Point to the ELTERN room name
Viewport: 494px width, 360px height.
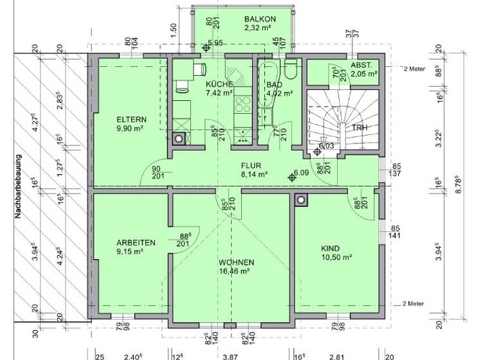coord(131,120)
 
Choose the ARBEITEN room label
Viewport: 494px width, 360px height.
coord(136,243)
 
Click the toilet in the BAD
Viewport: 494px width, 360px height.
coord(290,69)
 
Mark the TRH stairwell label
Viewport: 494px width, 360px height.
coord(360,128)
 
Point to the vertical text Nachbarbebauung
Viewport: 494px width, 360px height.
coord(19,186)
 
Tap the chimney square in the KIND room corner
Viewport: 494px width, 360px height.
coord(300,200)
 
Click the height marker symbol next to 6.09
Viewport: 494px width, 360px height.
coord(291,177)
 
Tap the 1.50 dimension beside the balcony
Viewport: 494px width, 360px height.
coord(173,30)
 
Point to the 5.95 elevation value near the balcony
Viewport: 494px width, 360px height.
coord(215,42)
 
